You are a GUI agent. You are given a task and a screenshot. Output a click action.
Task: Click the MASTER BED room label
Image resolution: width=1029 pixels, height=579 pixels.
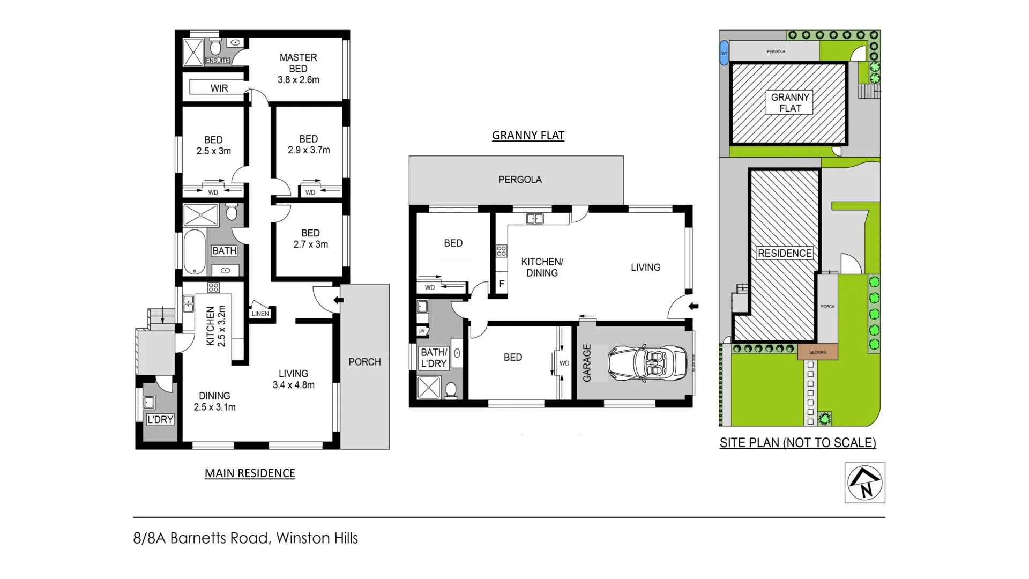tap(298, 68)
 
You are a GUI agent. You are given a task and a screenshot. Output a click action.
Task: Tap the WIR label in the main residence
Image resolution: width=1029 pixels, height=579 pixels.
tap(219, 88)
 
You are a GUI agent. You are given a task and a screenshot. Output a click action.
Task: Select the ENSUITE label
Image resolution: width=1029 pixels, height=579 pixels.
tap(218, 61)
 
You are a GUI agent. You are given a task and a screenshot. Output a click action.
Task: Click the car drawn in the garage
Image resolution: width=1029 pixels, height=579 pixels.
tap(647, 363)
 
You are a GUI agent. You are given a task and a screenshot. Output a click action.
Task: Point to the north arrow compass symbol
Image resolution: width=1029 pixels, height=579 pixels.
tap(864, 482)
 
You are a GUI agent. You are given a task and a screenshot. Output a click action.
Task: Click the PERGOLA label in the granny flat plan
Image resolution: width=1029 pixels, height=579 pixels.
tap(520, 180)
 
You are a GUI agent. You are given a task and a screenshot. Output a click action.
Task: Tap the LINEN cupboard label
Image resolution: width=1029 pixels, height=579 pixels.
tap(260, 314)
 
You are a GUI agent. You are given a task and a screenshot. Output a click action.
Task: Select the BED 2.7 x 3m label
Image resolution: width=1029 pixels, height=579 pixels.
tap(310, 239)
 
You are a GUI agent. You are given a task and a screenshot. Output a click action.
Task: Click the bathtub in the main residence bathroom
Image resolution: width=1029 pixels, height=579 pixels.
tap(194, 252)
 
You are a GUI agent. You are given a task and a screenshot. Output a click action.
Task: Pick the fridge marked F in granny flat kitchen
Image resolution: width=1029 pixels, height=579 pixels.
tap(502, 284)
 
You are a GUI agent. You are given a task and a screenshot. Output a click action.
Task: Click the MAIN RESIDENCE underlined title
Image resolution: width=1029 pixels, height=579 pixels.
tap(250, 473)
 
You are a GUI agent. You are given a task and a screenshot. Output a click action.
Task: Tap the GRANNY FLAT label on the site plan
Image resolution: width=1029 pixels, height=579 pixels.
tap(790, 102)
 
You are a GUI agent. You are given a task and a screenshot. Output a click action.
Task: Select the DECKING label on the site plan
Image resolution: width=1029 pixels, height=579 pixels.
tap(817, 352)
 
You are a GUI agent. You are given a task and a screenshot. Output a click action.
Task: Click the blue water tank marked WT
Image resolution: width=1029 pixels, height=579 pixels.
tap(724, 53)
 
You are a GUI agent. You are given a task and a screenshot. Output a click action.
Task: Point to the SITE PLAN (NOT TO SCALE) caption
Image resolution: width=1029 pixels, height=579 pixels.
tap(797, 442)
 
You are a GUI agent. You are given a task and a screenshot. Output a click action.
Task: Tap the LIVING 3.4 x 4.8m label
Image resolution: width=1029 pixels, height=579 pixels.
tap(293, 379)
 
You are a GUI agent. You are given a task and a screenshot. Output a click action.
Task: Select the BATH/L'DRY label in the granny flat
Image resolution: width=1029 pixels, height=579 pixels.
tap(434, 358)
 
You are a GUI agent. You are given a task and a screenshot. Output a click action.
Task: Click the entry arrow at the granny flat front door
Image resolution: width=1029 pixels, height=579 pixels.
tap(694, 307)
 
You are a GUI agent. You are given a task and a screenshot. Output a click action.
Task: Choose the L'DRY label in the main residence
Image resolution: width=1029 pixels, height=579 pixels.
tap(160, 419)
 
